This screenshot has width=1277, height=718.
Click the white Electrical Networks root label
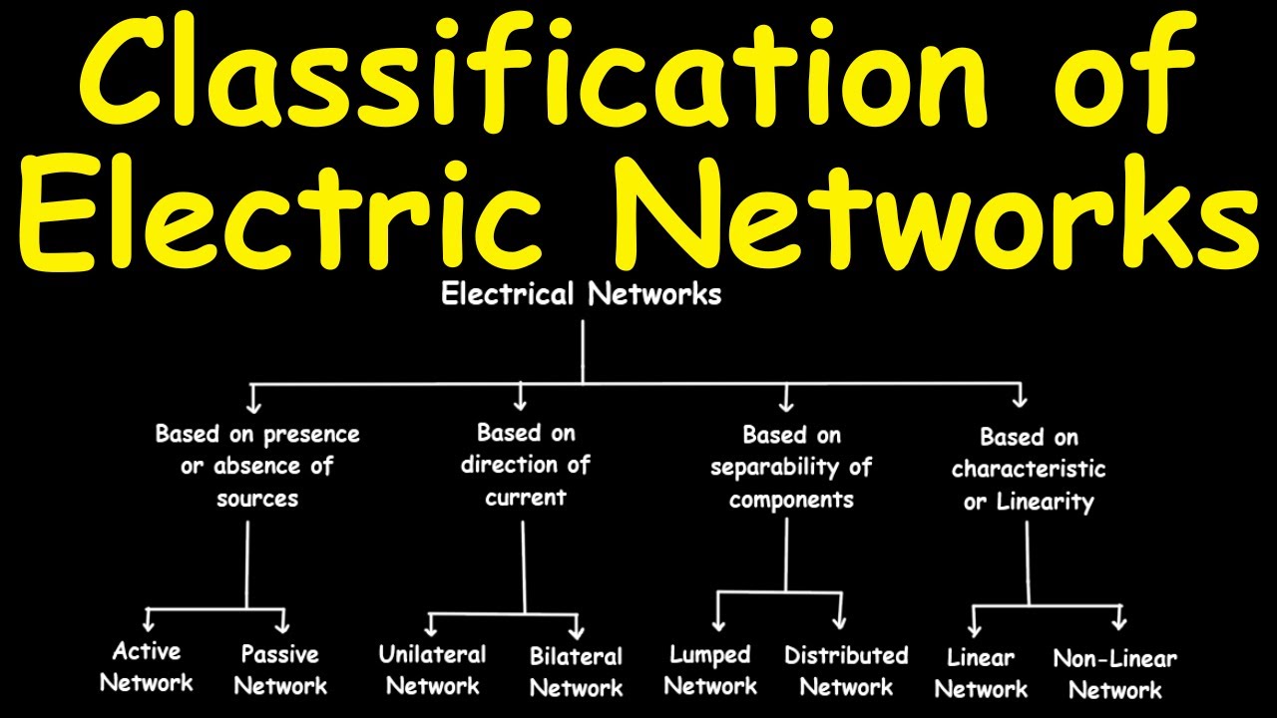pyautogui.click(x=581, y=295)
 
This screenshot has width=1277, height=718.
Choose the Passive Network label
pyautogui.click(x=280, y=670)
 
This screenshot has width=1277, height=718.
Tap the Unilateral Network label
pyautogui.click(x=432, y=670)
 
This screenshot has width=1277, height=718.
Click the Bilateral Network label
pyautogui.click(x=576, y=672)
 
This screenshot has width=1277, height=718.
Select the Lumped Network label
pyautogui.click(x=710, y=671)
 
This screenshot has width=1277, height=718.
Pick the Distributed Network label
pyautogui.click(x=846, y=671)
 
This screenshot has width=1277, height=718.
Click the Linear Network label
pyautogui.click(x=981, y=673)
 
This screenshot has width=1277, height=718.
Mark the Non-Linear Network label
pyautogui.click(x=1115, y=674)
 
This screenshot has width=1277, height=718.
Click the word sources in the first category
pyautogui.click(x=257, y=498)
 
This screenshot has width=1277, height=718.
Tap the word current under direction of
pyautogui.click(x=526, y=497)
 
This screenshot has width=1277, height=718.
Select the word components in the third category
pyautogui.click(x=791, y=500)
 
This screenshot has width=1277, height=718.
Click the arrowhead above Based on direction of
pyautogui.click(x=520, y=404)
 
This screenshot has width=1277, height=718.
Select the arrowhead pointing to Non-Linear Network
pyautogui.click(x=1119, y=623)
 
